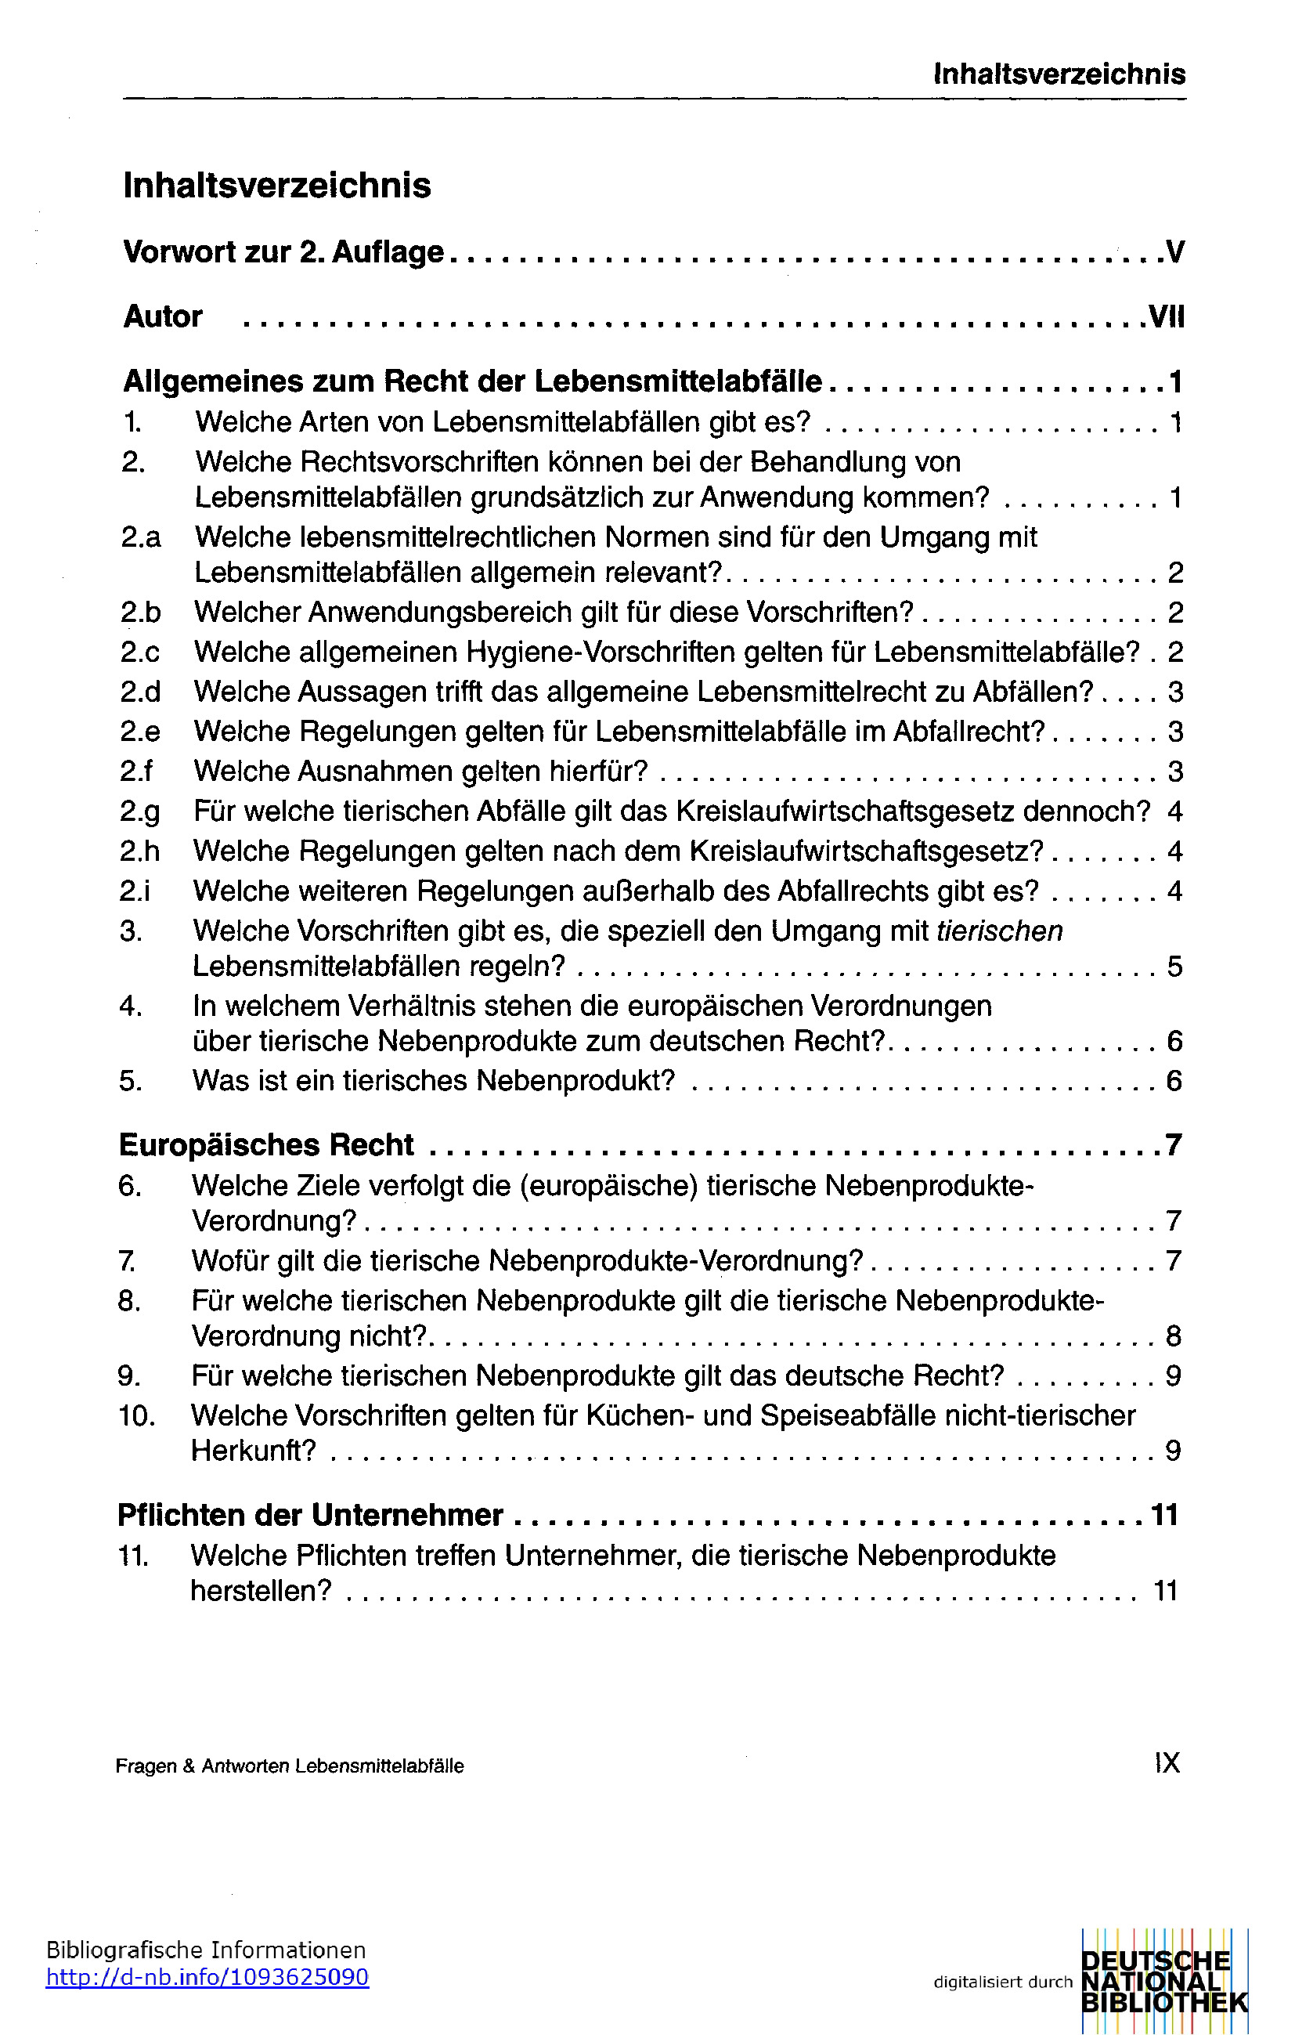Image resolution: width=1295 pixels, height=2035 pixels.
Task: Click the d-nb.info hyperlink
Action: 207,1978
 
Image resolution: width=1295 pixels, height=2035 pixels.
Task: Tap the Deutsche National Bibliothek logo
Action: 1163,1981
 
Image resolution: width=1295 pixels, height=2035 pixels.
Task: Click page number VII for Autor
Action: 1167,317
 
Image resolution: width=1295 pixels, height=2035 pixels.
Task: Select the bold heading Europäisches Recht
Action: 266,1144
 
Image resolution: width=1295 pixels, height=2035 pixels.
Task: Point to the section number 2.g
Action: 139,811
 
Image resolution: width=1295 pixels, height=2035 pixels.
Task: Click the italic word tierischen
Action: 999,931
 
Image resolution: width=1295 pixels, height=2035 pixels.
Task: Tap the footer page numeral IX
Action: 1167,1763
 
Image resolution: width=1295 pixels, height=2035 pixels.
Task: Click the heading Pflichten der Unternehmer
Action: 310,1515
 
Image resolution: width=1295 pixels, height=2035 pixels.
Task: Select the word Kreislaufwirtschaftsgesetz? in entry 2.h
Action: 867,851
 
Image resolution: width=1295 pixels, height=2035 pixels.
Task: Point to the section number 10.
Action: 136,1415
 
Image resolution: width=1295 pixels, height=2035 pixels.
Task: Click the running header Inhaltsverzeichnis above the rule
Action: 1059,74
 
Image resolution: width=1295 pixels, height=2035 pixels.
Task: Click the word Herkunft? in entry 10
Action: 254,1451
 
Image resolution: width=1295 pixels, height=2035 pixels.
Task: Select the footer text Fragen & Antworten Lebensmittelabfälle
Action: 290,1766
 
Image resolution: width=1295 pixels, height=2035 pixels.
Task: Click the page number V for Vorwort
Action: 1174,252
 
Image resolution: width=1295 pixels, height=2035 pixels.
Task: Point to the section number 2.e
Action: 139,732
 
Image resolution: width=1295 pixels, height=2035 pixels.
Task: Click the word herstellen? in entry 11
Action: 261,1592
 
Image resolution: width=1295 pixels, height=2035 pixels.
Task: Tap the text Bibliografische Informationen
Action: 205,1950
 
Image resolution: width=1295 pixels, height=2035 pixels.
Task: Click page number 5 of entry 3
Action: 1174,967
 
